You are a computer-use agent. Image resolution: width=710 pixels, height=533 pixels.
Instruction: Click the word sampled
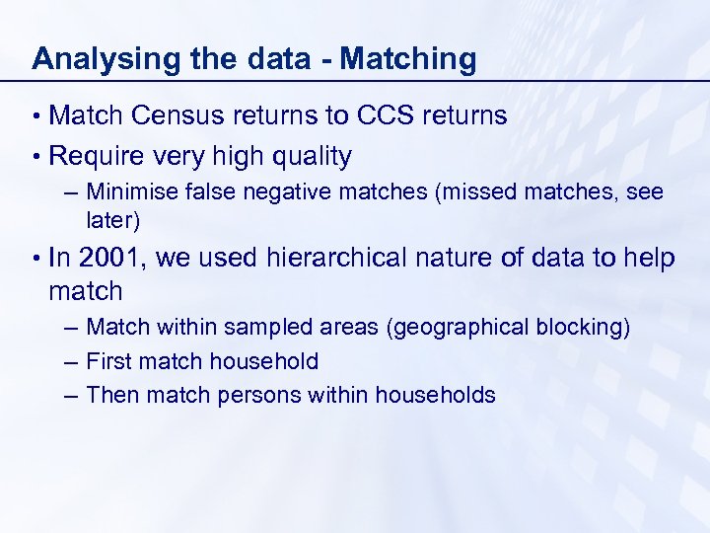tap(260, 327)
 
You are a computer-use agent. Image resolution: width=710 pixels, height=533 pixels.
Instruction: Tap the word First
tap(108, 361)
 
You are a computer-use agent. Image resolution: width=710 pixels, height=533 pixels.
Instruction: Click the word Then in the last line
tap(110, 395)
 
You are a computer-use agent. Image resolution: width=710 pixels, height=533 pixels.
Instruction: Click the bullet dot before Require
tap(36, 156)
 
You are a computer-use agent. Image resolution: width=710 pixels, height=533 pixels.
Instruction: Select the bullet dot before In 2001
tap(36, 259)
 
